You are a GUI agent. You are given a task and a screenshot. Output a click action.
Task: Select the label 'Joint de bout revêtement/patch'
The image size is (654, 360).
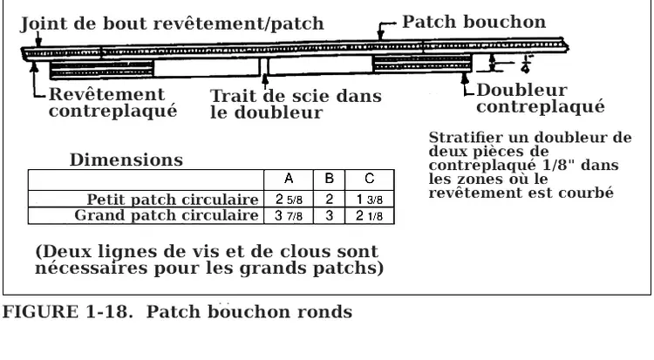tap(171, 25)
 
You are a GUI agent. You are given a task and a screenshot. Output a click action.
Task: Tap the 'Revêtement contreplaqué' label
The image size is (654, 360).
tap(106, 103)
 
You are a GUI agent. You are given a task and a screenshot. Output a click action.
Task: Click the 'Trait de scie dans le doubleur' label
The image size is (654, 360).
tap(296, 105)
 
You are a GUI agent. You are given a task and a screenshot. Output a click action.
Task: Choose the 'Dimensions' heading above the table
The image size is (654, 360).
tap(126, 160)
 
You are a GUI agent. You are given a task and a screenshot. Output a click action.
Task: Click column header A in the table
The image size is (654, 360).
tap(288, 179)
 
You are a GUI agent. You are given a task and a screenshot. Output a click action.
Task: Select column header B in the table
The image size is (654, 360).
tap(329, 179)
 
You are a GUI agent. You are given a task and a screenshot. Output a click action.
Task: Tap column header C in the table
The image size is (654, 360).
tap(370, 179)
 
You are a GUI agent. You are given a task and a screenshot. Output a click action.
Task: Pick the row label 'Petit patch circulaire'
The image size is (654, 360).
tap(173, 200)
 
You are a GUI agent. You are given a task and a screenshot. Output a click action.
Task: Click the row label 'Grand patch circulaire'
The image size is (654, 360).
tap(167, 215)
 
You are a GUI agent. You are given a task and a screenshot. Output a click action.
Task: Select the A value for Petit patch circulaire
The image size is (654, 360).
tap(288, 200)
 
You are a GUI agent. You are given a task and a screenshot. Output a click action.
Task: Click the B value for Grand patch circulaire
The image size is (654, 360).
tap(329, 215)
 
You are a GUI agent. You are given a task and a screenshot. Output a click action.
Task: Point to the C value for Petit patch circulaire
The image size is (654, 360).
tap(370, 200)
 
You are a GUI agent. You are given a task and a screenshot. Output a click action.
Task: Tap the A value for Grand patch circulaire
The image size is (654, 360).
tap(288, 215)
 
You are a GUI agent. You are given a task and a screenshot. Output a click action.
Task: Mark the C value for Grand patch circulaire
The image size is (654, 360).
tap(370, 215)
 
